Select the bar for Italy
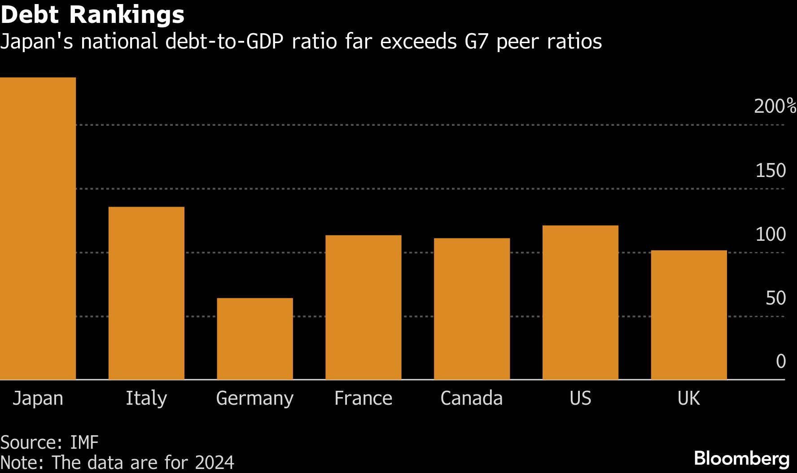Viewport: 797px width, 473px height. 146,293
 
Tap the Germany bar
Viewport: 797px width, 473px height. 255,339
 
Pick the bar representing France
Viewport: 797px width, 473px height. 363,307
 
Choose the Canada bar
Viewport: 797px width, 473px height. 472,309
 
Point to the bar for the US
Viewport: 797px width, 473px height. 580,302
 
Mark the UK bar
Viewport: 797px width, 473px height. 689,315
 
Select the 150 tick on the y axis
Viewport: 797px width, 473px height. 771,171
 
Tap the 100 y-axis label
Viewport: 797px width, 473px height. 771,234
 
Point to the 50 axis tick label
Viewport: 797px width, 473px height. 775,298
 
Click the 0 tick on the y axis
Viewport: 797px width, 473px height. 781,362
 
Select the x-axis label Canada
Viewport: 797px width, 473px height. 471,398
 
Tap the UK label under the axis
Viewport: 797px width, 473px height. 688,398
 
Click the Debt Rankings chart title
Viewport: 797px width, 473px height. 92,14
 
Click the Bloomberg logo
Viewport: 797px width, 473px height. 741,459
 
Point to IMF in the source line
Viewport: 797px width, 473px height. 84,442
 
